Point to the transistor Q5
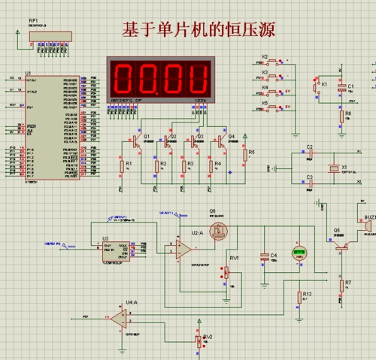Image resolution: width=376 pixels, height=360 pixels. [x=342, y=241]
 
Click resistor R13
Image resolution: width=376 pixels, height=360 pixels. [x=299, y=295]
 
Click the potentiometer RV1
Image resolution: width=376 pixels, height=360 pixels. [x=226, y=271]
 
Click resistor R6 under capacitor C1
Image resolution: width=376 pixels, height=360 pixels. [x=340, y=116]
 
